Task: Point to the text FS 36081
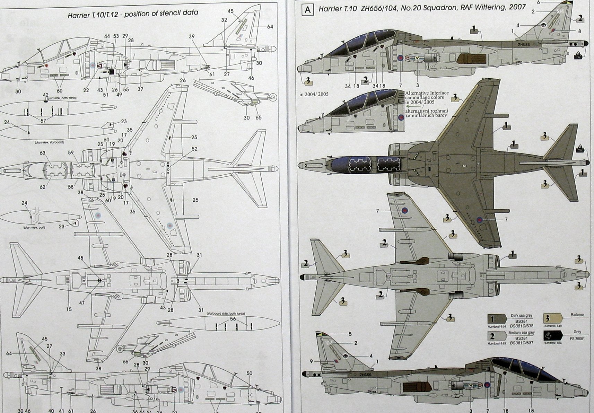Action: coord(577,338)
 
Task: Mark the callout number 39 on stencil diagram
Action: coord(192,36)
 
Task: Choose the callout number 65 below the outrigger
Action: coord(259,117)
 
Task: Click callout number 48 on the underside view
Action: coord(80,258)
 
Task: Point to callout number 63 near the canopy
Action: coord(43,153)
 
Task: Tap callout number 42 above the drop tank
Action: coord(45,95)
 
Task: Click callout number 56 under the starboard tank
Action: coord(233,319)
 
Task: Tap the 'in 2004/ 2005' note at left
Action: coord(314,94)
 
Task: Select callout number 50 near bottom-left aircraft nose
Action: coord(250,373)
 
